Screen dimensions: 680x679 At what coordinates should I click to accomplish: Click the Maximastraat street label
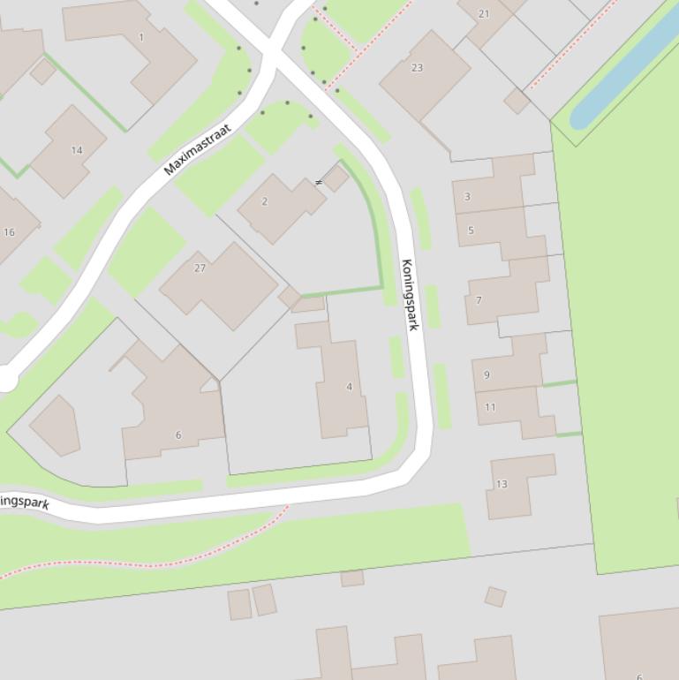198,149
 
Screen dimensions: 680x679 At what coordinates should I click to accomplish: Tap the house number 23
417,67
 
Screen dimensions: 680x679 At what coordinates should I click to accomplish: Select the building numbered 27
200,268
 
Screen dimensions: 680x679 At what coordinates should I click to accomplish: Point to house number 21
483,13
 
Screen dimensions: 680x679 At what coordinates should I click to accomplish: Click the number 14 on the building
77,150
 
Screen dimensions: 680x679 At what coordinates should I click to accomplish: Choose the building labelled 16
9,232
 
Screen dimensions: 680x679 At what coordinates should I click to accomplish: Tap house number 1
141,37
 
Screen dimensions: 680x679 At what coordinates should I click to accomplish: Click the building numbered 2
265,201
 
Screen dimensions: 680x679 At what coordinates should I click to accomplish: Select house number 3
467,197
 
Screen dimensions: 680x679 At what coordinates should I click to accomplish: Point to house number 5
471,230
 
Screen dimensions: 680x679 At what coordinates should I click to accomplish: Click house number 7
479,300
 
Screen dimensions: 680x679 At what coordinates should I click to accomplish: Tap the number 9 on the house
487,374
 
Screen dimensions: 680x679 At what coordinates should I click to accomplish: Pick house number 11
490,407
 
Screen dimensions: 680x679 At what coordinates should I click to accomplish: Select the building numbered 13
502,484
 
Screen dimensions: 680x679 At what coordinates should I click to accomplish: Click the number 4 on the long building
350,387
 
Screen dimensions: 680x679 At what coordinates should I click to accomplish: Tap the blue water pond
623,71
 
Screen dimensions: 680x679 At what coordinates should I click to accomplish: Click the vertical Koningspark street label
409,295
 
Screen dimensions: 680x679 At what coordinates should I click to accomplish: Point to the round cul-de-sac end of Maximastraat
7,381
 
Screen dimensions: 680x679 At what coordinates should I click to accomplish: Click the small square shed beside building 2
336,178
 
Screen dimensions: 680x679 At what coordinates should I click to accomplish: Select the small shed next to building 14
42,72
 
